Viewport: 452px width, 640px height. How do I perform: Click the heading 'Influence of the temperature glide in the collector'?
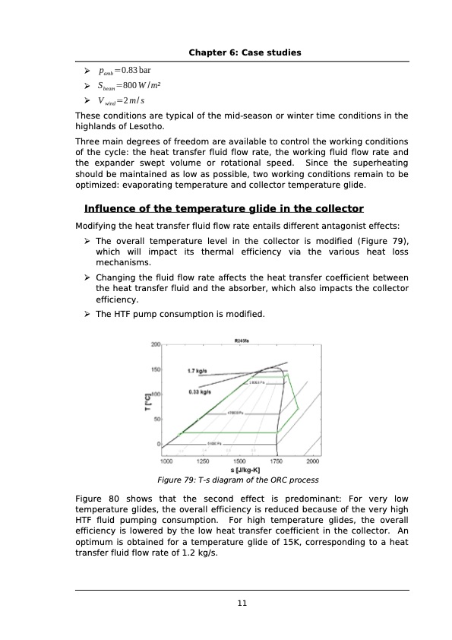point(224,209)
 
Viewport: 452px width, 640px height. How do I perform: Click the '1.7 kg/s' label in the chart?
point(198,371)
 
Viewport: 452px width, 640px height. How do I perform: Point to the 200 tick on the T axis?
point(155,345)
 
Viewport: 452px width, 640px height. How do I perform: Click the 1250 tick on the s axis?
point(202,461)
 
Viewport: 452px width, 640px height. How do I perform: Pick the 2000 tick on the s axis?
point(312,461)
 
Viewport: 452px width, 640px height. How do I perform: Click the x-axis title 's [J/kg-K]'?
point(239,470)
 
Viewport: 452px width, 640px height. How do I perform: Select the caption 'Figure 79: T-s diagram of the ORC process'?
point(238,480)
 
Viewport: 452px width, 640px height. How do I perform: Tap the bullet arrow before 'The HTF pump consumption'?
point(88,314)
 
